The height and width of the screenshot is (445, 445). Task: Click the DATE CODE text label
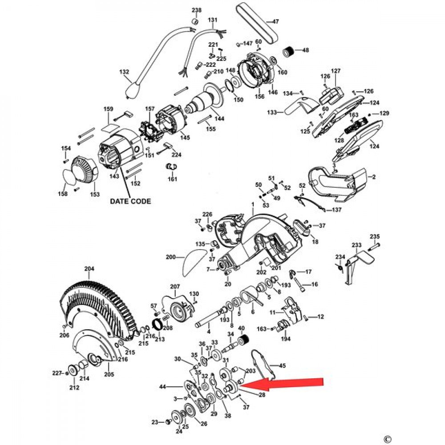(130, 201)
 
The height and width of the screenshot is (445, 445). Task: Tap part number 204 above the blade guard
(89, 269)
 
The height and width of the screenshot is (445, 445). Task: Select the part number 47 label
(275, 21)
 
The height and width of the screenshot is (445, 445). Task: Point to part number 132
(124, 72)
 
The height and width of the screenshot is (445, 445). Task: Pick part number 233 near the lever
(356, 245)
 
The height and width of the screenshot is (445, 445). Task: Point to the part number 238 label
(196, 10)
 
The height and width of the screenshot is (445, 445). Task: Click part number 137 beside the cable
(337, 210)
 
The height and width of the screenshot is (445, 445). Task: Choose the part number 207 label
(175, 286)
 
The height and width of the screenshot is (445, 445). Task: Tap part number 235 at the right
(375, 236)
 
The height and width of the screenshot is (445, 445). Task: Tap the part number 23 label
(154, 422)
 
